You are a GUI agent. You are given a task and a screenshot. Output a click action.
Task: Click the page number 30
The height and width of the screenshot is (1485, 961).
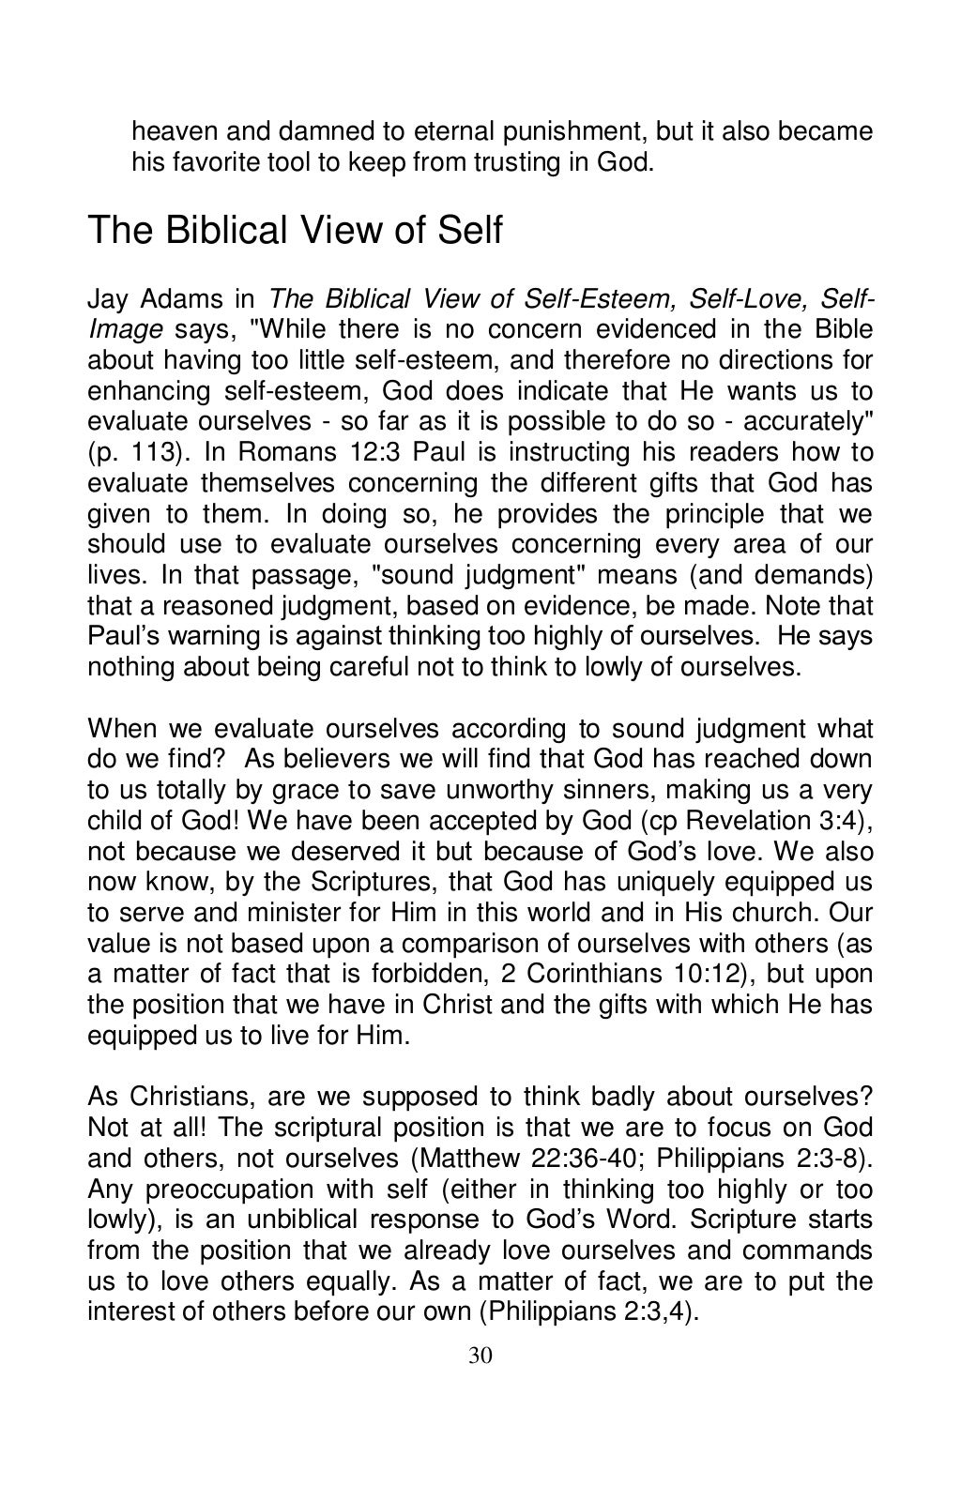[480, 1356]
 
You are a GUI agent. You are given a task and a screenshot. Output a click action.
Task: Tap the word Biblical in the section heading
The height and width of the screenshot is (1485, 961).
[227, 230]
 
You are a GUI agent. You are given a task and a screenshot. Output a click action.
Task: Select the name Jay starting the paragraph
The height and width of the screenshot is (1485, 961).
[107, 299]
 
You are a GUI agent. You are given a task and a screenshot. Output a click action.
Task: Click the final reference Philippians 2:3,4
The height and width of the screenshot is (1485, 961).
[587, 1311]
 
